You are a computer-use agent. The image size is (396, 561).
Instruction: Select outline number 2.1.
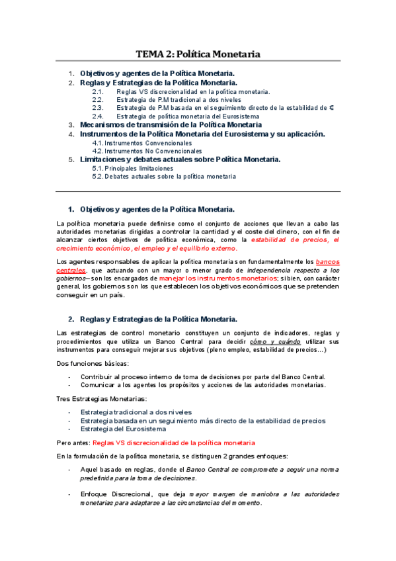[98, 91]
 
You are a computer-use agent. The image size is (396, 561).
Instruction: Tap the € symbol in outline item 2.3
[331, 107]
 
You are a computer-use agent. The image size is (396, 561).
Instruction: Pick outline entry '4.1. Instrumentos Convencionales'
[142, 142]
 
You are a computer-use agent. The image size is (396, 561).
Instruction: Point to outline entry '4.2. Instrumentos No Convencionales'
[147, 151]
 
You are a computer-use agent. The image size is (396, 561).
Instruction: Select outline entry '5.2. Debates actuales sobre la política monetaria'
[164, 177]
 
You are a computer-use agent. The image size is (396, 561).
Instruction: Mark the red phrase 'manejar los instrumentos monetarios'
[217, 279]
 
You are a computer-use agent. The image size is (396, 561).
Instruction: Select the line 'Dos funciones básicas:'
[93, 363]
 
